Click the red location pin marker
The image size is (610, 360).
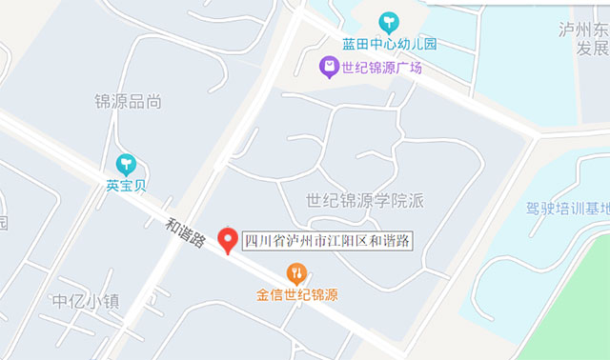[228, 240]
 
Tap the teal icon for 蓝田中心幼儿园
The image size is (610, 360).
[389, 22]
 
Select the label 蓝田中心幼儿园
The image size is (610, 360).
[389, 44]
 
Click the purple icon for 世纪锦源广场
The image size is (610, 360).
[328, 67]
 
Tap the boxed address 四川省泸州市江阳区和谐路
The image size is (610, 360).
[327, 241]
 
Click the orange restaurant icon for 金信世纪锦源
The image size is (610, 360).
[296, 274]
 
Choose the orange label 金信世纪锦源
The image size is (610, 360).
[296, 295]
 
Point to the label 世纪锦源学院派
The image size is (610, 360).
[364, 200]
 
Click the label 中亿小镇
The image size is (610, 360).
[86, 302]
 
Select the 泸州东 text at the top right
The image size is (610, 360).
[583, 30]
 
